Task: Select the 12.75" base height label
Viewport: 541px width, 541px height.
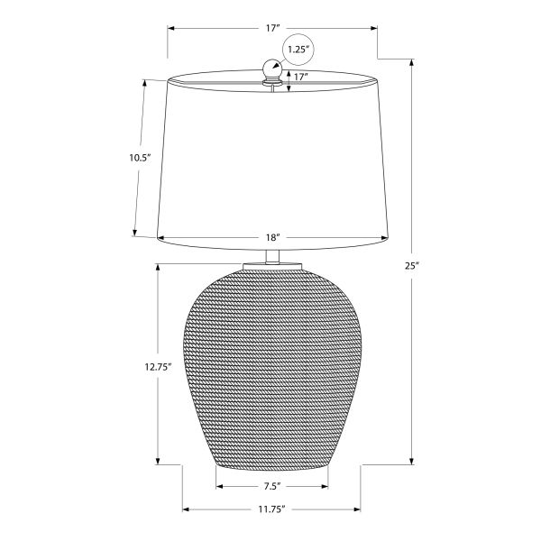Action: coord(158,367)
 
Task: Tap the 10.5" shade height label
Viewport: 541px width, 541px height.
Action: coord(141,158)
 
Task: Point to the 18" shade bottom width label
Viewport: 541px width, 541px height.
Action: coord(272,237)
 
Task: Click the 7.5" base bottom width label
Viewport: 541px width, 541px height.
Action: coord(272,487)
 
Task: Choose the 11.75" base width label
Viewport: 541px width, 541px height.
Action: coord(272,509)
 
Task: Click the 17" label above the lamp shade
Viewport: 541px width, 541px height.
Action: coord(272,28)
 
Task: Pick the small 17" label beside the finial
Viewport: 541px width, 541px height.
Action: coord(301,77)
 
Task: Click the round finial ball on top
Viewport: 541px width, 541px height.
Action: coord(272,68)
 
